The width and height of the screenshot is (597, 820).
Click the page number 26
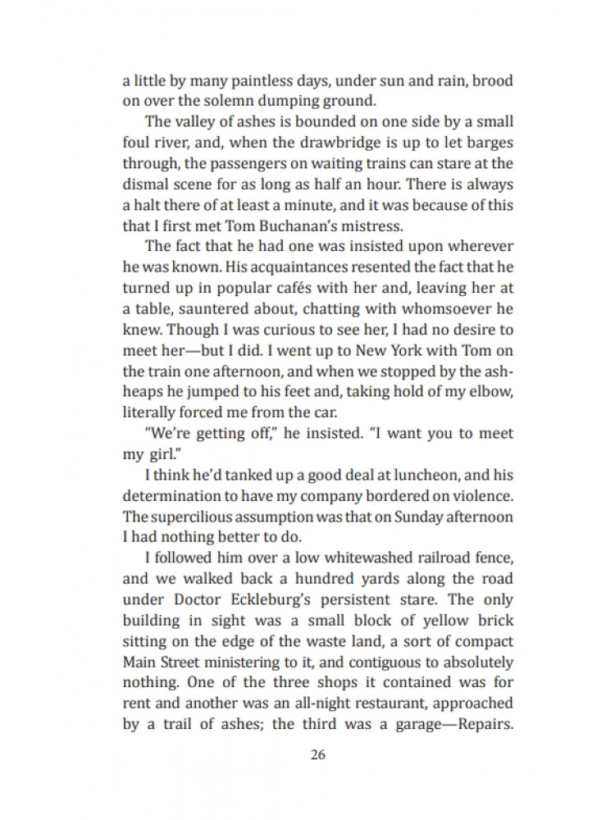coord(318,755)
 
